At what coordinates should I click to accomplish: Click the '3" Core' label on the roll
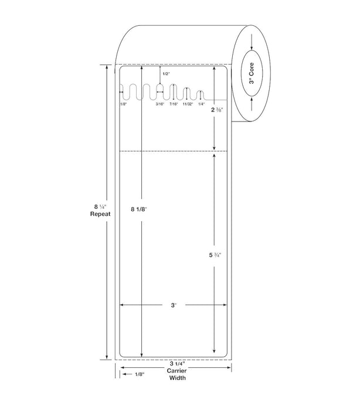pyautogui.click(x=252, y=73)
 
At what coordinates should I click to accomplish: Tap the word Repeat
pyautogui.click(x=100, y=214)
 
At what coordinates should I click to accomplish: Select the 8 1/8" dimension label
pyautogui.click(x=139, y=209)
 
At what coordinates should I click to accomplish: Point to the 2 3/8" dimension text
pyautogui.click(x=217, y=110)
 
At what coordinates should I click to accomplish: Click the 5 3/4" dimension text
pyautogui.click(x=215, y=255)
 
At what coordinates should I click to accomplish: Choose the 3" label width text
pyautogui.click(x=174, y=305)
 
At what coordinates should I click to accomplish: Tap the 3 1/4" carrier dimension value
pyautogui.click(x=178, y=364)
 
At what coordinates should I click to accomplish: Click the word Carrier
pyautogui.click(x=176, y=371)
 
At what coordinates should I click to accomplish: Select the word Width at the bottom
pyautogui.click(x=177, y=378)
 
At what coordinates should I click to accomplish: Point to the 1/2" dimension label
pyautogui.click(x=166, y=74)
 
